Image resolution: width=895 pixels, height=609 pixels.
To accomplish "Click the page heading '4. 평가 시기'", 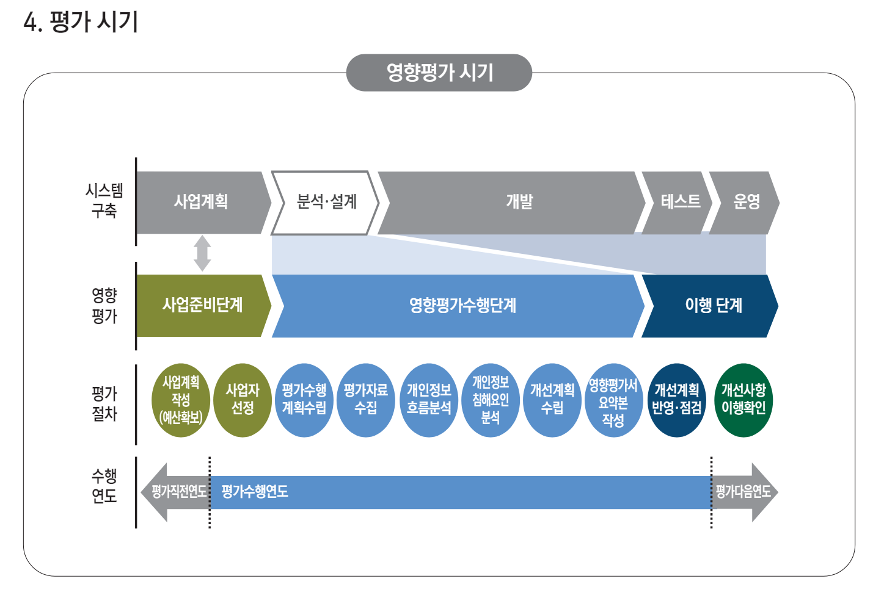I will tap(81, 22).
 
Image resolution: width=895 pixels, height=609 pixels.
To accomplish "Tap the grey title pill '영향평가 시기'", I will tap(439, 73).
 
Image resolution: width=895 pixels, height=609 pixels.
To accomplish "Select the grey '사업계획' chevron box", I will tap(201, 202).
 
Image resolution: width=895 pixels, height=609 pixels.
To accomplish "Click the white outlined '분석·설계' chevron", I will tap(326, 202).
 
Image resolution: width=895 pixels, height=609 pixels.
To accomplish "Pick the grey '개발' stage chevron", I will tap(519, 202).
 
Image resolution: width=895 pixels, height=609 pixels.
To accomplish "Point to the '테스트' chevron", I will tap(680, 202).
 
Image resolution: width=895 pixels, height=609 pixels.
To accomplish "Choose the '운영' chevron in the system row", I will tap(746, 202).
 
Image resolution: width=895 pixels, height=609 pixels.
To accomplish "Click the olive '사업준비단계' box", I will tap(202, 305).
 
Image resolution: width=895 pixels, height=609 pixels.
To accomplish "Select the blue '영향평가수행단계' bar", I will tap(462, 305).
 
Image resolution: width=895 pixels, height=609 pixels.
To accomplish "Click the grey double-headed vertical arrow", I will tap(202, 253).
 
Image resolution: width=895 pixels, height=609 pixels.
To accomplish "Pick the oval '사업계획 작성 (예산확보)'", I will tap(181, 400).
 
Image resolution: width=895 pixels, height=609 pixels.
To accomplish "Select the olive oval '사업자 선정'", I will tap(243, 400).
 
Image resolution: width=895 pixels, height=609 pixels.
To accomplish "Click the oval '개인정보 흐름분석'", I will tap(429, 400).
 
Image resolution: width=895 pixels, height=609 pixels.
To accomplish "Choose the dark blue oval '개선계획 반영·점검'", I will tap(676, 400).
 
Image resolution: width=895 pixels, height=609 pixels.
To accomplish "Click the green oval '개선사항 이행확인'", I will tap(743, 400).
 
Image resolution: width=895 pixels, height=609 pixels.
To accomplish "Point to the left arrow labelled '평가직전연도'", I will tap(176, 492).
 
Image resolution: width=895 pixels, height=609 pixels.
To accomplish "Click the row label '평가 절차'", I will tap(104, 404).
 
